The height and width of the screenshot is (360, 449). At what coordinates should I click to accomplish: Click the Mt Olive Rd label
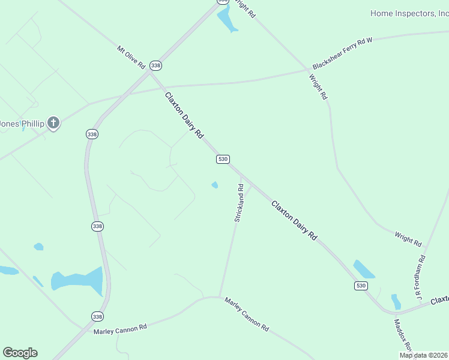[131, 56]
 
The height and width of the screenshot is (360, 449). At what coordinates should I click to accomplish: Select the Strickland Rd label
[239, 203]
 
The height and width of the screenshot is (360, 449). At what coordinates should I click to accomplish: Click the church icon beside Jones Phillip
[53, 124]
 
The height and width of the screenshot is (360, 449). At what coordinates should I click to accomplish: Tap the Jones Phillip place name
[22, 124]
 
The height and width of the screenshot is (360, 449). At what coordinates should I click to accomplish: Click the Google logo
[20, 353]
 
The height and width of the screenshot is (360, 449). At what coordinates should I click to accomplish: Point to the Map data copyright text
[423, 355]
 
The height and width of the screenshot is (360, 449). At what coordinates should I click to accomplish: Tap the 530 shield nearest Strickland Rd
[223, 159]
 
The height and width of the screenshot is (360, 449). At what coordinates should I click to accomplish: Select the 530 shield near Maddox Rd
[360, 286]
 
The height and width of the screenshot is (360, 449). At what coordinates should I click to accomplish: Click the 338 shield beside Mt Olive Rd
[156, 65]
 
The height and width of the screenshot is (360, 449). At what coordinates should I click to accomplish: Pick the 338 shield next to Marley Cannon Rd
[97, 316]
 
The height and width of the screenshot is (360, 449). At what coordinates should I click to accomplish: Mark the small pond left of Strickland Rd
[214, 185]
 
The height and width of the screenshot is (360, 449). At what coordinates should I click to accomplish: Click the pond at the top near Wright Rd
[226, 20]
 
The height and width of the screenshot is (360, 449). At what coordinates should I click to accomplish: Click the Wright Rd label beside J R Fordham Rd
[408, 239]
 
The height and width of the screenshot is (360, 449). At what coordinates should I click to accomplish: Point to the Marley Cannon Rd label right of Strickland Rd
[246, 313]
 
